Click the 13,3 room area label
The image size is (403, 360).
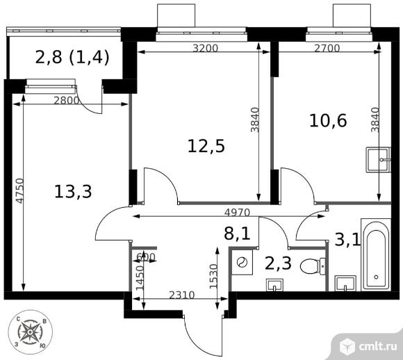click(x=73, y=191)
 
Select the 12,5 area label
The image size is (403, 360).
click(x=206, y=146)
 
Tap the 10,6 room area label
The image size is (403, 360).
click(x=328, y=121)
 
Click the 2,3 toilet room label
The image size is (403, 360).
click(x=278, y=262)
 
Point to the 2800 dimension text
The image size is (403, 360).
click(x=67, y=100)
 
